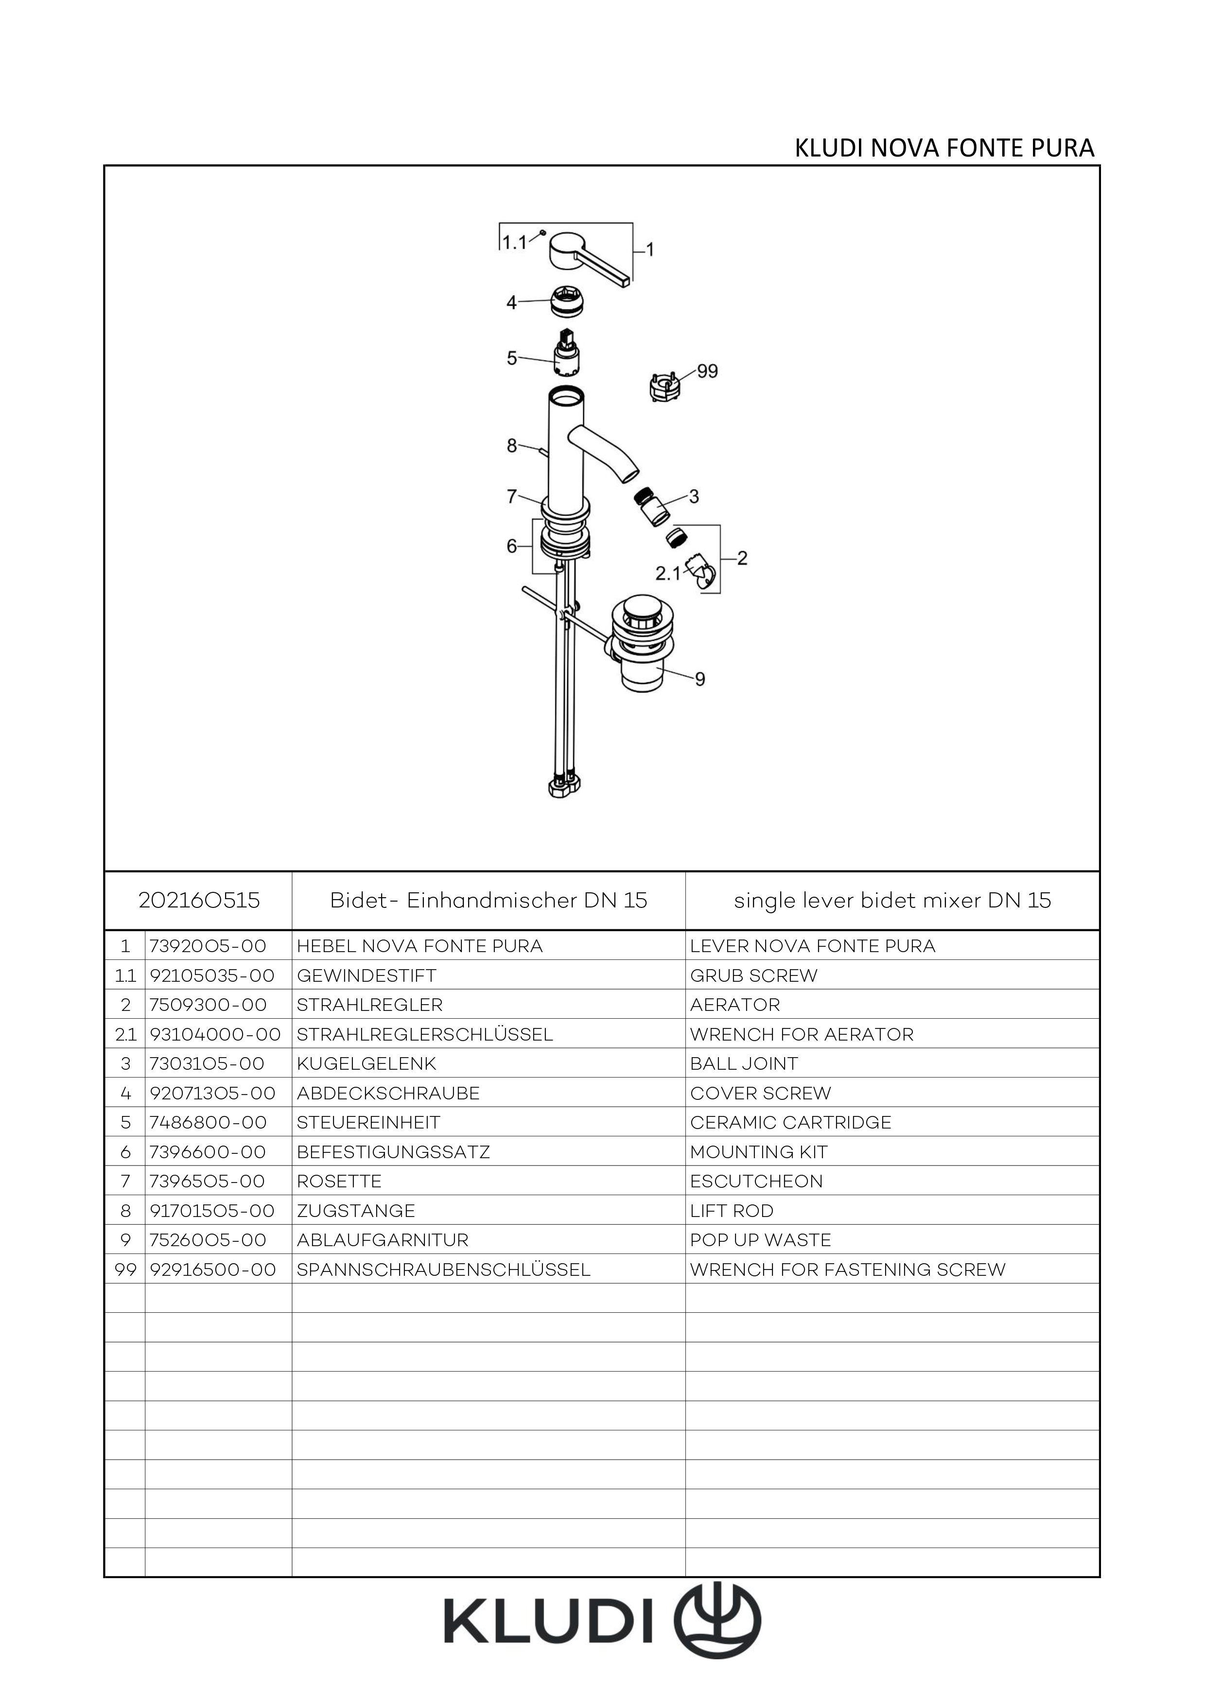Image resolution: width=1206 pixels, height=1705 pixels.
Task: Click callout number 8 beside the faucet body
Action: click(x=512, y=446)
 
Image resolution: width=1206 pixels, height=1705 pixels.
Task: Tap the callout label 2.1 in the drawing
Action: click(x=667, y=574)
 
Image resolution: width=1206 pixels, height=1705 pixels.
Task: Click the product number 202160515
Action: click(x=199, y=901)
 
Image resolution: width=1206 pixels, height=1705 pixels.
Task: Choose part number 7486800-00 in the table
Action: click(x=208, y=1123)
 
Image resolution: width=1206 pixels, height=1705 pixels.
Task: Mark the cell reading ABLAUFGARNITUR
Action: click(x=383, y=1240)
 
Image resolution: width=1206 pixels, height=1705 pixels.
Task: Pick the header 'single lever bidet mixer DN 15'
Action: click(x=892, y=901)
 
